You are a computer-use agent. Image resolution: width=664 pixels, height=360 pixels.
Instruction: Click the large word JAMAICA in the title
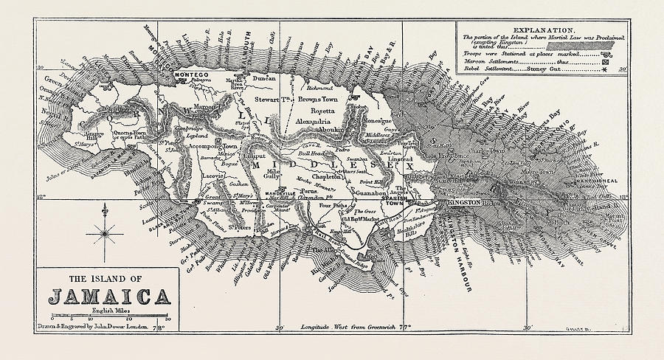pyautogui.click(x=108, y=297)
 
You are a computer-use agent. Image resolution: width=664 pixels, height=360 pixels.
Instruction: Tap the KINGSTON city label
pyautogui.click(x=464, y=202)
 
